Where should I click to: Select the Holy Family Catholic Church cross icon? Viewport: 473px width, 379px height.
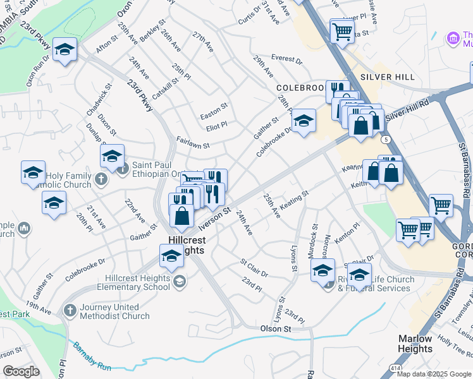click(100, 180)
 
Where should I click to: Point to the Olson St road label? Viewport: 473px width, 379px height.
click(276, 329)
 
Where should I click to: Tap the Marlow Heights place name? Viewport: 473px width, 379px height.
click(415, 344)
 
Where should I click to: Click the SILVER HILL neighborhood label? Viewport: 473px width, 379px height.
click(387, 77)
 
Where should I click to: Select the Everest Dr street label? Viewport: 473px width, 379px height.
click(287, 59)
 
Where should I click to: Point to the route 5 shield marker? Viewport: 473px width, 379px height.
click(385, 139)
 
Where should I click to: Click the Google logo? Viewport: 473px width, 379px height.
click(21, 371)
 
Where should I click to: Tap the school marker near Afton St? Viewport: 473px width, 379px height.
click(64, 51)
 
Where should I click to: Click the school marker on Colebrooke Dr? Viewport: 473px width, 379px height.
click(304, 120)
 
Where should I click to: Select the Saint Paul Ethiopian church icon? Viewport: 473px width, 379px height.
click(123, 168)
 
